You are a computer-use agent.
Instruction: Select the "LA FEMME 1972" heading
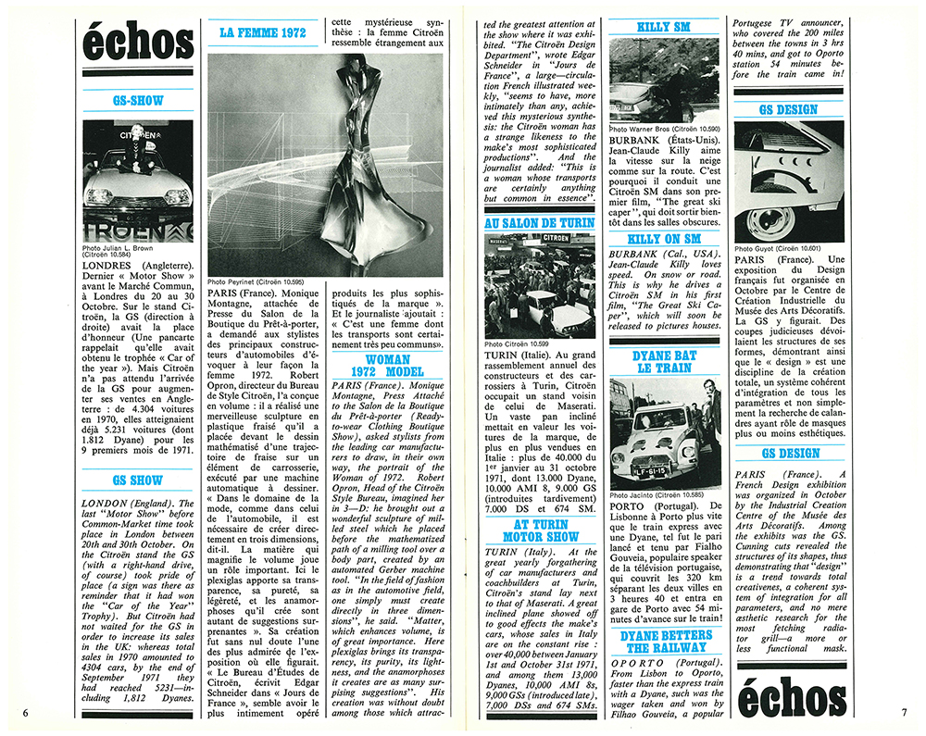[261, 34]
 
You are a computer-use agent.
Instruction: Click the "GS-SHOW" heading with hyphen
[138, 100]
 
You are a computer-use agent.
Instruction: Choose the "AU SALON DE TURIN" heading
[540, 223]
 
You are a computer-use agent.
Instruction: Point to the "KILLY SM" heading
[666, 28]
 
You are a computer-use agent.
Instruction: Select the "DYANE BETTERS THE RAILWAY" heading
[666, 641]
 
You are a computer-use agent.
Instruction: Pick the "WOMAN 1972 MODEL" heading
[388, 366]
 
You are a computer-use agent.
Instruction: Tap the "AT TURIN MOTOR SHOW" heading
[540, 530]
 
